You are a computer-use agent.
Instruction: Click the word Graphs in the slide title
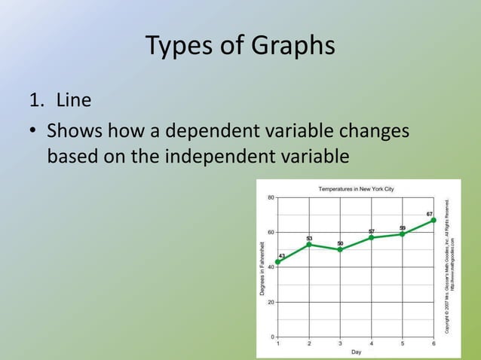tap(289, 47)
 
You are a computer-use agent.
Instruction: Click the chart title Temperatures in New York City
tap(356, 188)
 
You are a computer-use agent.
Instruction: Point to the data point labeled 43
tap(278, 262)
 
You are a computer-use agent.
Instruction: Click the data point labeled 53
tap(309, 244)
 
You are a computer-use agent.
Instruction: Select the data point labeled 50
tap(340, 249)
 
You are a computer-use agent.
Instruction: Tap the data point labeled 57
tap(372, 237)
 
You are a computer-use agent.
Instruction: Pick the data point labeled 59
tap(403, 233)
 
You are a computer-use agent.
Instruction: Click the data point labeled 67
tap(434, 220)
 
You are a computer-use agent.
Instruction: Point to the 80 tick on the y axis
tap(270, 197)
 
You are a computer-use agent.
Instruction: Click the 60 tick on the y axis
tap(270, 232)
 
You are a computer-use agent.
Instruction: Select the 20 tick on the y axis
tap(270, 301)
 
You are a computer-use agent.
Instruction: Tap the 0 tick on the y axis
tap(272, 336)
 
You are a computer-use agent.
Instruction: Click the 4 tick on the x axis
tap(372, 343)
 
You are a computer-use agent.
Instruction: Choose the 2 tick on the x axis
tap(309, 343)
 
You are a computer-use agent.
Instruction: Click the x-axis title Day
tap(356, 352)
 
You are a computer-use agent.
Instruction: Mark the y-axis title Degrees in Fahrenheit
tap(262, 267)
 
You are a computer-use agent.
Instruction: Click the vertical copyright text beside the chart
tap(449, 267)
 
